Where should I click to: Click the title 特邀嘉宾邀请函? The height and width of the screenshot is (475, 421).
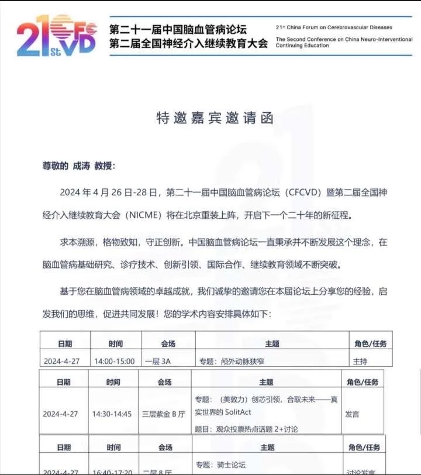coord(215,118)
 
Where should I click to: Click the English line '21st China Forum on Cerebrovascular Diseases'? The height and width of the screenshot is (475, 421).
coord(334,27)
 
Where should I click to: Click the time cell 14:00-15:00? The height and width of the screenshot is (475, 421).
coord(115,362)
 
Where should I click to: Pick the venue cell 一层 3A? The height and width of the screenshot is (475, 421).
coord(158,362)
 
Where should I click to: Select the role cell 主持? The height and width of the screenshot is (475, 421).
coord(360,362)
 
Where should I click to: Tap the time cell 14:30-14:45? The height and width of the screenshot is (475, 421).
coord(112,414)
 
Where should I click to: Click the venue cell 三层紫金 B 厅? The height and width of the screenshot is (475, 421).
coord(164,414)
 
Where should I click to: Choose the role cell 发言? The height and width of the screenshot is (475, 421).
coord(352,414)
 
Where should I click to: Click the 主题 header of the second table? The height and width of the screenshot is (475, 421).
coord(266,382)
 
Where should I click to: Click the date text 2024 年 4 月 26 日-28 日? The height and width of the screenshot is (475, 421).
coord(109,192)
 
